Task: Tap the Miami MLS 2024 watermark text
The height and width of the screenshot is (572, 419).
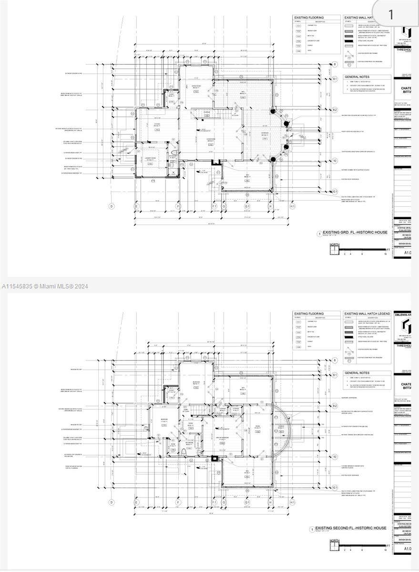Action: click(45, 286)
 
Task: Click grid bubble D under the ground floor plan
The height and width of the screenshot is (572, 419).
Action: click(112, 206)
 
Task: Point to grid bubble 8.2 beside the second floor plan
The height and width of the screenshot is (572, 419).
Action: click(335, 406)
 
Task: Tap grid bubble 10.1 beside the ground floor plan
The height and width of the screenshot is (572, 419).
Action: click(335, 192)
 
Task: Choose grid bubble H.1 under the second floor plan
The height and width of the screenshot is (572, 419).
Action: click(293, 502)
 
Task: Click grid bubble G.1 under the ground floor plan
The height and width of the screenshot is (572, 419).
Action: click(247, 206)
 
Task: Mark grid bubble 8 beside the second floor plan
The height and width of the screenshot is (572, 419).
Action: click(335, 360)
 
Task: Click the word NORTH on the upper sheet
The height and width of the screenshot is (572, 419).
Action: click(335, 245)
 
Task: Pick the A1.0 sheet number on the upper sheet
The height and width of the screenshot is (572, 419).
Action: click(407, 254)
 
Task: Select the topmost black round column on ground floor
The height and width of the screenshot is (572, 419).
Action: click(274, 112)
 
